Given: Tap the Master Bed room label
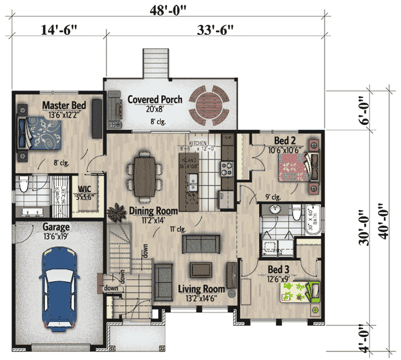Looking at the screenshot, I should [x=64, y=106].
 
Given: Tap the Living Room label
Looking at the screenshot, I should [x=201, y=289].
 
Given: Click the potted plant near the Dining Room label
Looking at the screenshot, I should [x=116, y=213].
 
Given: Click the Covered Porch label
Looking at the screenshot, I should [x=155, y=99].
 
